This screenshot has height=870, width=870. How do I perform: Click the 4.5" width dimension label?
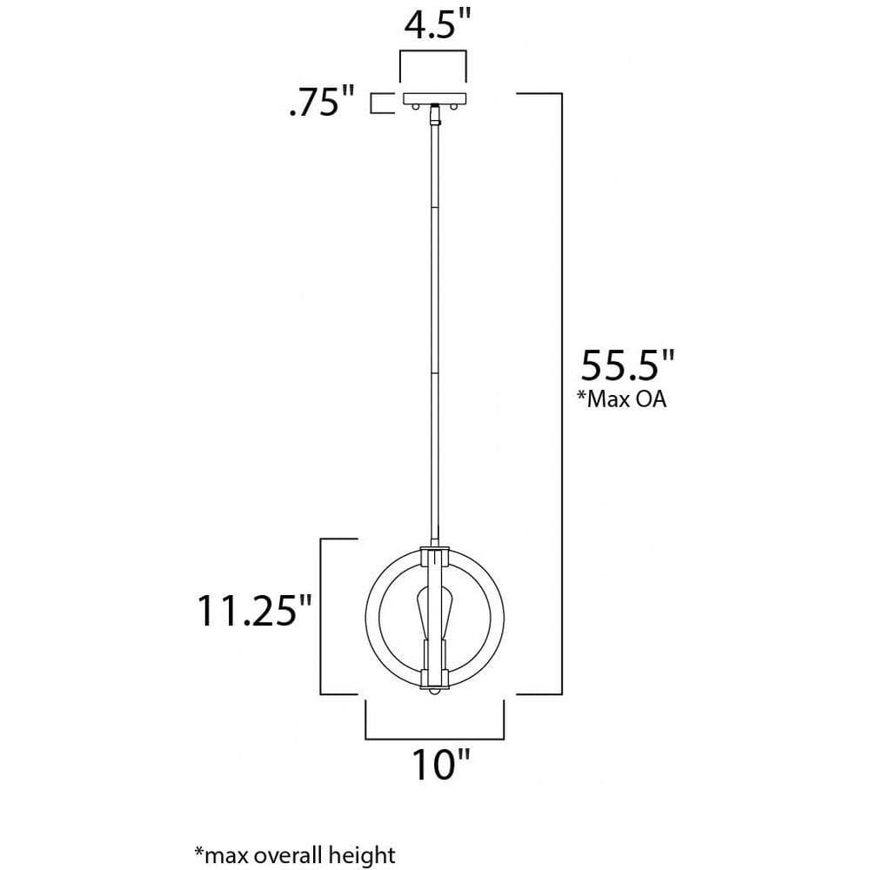437,26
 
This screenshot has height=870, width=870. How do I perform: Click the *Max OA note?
621,399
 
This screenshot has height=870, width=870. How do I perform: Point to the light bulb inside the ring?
434,612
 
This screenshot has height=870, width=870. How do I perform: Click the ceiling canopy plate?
434,99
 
